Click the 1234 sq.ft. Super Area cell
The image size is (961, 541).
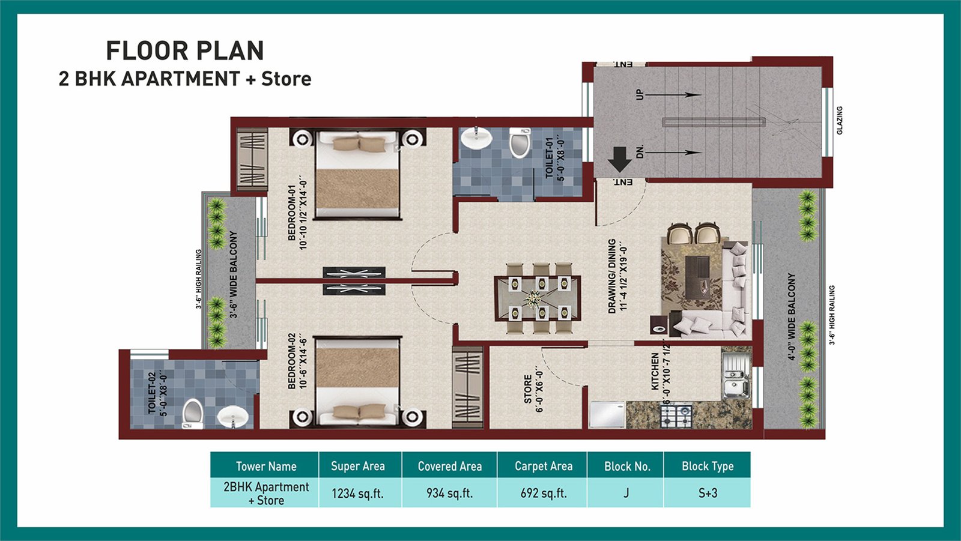(x=357, y=494)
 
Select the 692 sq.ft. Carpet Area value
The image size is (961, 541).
(x=544, y=493)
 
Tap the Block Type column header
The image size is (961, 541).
(x=708, y=466)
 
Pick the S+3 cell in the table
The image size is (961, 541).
(x=708, y=493)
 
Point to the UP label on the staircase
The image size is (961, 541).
(x=640, y=95)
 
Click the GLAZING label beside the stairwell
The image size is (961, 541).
(x=840, y=121)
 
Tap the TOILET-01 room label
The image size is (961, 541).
(x=549, y=158)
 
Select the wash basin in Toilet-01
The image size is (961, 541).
(x=476, y=138)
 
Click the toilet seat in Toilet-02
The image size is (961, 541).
(x=193, y=414)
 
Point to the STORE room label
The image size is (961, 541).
(x=528, y=389)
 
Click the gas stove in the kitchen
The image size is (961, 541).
(x=676, y=416)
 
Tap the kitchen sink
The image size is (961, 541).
(x=736, y=376)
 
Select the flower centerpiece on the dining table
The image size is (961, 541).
(x=533, y=298)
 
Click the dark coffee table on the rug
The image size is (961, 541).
(x=698, y=277)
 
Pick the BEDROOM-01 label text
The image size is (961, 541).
(x=292, y=213)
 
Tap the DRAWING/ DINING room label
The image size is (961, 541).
(x=612, y=276)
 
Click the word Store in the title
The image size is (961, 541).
(x=286, y=79)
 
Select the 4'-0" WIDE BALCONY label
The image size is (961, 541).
(x=792, y=316)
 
